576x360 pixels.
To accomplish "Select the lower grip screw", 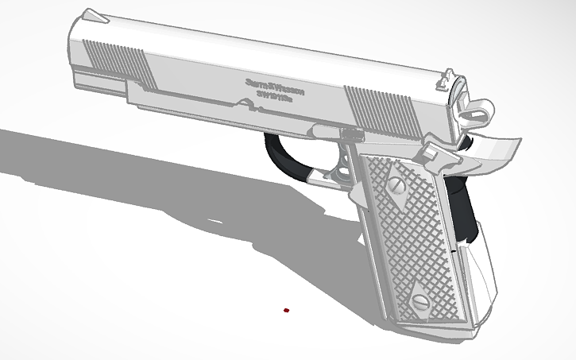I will tap(418, 300).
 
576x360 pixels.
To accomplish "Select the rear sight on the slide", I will tap(447, 80).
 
